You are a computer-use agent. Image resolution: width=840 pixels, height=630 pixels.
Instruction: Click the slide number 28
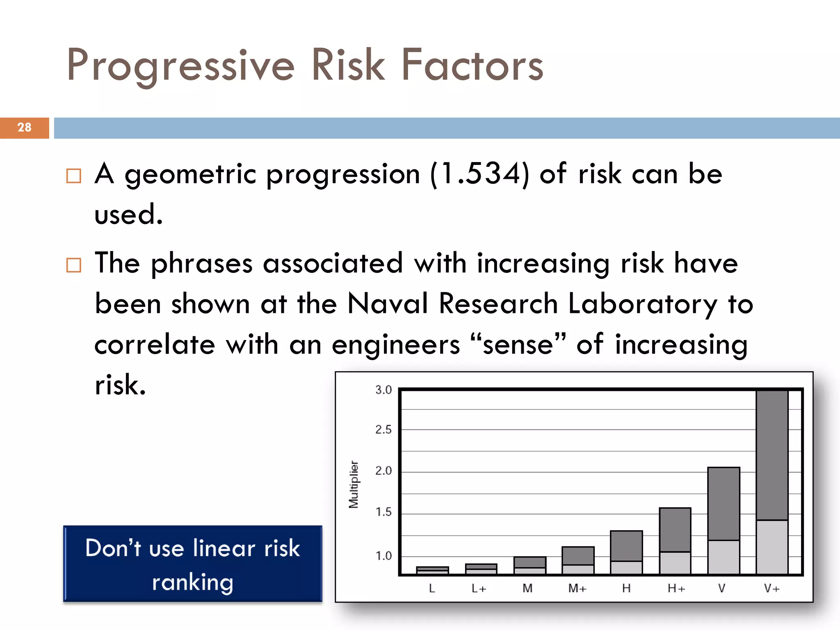coord(24,128)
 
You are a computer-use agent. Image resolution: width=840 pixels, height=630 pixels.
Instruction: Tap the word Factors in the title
coord(472,65)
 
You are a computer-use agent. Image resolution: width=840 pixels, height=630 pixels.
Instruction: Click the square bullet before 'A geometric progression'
coord(74,176)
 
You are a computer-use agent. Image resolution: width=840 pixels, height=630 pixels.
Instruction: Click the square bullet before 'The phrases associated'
coord(74,265)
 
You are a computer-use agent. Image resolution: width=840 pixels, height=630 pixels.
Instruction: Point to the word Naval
coord(388,304)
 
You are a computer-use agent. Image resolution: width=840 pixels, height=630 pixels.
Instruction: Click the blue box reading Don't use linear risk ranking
coord(193,564)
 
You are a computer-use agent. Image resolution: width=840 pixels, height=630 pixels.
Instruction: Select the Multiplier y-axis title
coord(354,484)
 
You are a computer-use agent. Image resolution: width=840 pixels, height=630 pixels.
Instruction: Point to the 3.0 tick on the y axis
coord(383,390)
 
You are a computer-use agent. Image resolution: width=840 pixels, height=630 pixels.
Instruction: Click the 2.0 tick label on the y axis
coord(383,471)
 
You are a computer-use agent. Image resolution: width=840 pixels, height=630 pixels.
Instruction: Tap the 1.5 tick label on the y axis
coord(383,512)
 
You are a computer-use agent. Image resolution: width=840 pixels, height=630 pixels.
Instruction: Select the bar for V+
coord(772,482)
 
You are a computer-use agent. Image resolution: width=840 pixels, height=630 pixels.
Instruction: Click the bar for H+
coord(675,541)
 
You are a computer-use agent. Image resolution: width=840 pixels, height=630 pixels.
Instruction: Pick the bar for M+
coord(578,560)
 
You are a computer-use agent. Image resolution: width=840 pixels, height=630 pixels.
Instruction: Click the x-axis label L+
coord(479,589)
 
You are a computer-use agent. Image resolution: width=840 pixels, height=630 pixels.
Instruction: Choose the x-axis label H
coord(626,589)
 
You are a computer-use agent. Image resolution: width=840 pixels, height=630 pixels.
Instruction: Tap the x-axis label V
coord(722,589)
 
